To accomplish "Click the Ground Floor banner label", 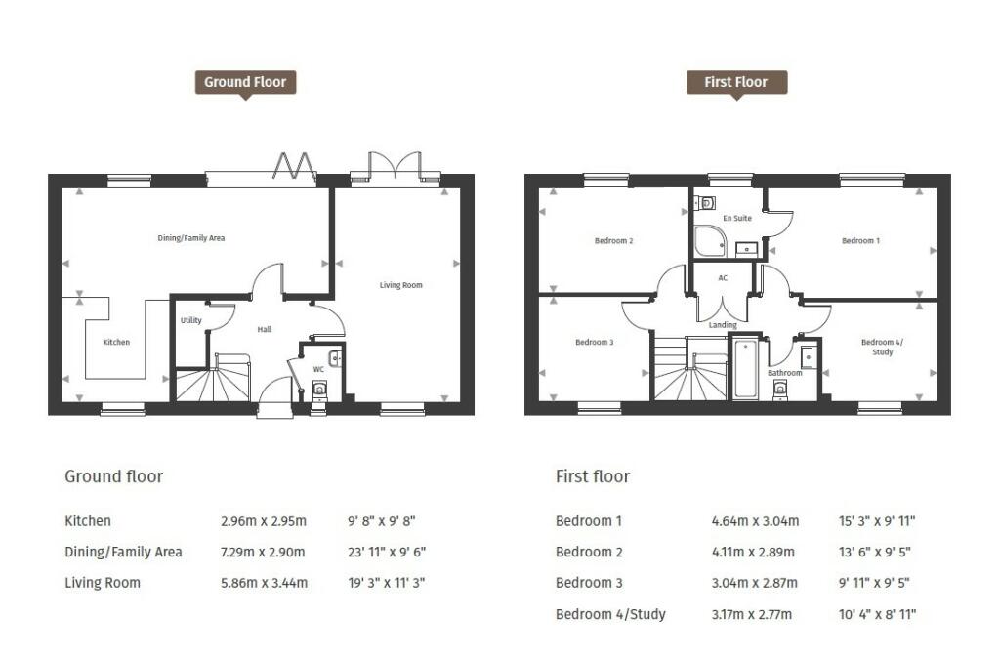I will pos(245,83).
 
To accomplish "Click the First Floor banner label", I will pos(735,83).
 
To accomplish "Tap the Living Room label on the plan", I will pos(400,285).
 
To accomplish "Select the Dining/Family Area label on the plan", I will pos(191,237).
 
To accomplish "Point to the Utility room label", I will pos(190,320).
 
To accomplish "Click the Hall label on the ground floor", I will pos(264,330).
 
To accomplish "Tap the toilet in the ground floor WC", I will pos(320,391).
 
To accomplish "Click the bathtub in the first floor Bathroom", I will pos(745,368).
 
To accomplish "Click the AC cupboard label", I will pos(723,278).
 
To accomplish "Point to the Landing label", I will pos(723,325).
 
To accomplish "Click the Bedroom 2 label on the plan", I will pos(614,240).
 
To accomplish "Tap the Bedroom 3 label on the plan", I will pos(594,342).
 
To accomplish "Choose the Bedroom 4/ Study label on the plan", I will pos(882,347).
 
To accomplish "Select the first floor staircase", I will pos(689,371).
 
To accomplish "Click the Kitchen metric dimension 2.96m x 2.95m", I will pos(264,521).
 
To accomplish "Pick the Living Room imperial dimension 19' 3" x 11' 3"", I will pos(387,583).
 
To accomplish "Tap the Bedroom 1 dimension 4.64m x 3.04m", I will pos(755,521).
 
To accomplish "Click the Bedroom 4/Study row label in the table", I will pos(610,614).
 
